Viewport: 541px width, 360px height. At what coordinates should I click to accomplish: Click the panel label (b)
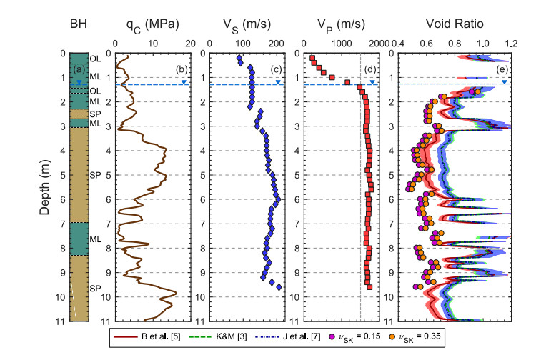tap(182, 69)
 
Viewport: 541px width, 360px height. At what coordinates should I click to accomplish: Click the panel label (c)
tap(275, 69)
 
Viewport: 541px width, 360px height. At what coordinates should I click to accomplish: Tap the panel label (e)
tap(502, 69)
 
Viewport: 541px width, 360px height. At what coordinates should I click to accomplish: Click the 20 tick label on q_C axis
tap(190, 44)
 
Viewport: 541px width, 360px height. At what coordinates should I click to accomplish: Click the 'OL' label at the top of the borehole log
tap(95, 59)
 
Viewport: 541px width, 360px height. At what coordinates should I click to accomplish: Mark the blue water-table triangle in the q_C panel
tap(184, 81)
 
